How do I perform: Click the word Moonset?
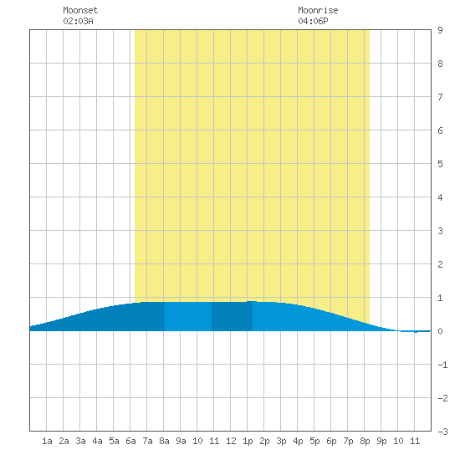point(80,10)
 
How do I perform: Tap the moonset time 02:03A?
point(78,21)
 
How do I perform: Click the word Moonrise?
point(318,10)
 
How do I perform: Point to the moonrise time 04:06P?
point(313,21)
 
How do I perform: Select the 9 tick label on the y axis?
point(440,30)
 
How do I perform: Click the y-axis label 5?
point(440,164)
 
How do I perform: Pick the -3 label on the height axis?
point(442,432)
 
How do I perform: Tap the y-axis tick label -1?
point(442,365)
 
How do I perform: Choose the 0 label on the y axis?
point(440,331)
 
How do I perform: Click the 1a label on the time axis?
point(47,441)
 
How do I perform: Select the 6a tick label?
point(130,441)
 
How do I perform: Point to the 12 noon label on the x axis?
point(231,441)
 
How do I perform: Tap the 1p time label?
point(248,441)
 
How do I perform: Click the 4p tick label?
point(298,441)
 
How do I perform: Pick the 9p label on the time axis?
point(381,441)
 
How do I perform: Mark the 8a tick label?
point(164,441)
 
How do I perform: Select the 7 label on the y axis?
point(440,97)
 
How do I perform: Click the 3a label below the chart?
point(80,441)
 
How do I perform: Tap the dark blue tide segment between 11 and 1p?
point(232,316)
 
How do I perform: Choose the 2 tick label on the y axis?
point(440,264)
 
